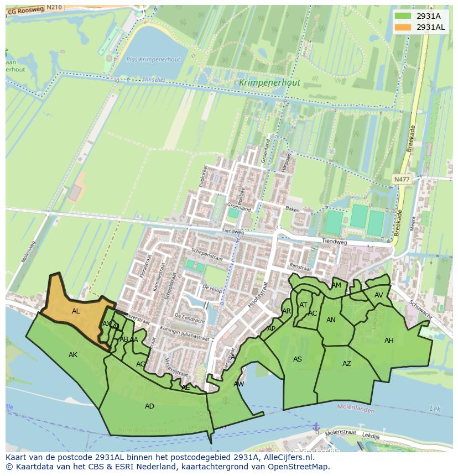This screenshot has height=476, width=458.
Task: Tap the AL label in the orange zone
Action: [x=76, y=311]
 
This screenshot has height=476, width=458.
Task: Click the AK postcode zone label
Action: [x=73, y=355]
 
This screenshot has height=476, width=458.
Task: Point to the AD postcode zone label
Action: [x=149, y=406]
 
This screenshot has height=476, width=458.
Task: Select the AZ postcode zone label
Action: [x=346, y=364]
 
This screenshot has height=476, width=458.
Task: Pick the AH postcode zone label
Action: [x=389, y=341]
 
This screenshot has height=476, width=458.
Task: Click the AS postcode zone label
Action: [x=298, y=359]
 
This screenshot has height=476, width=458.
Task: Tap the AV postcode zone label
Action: [x=378, y=295]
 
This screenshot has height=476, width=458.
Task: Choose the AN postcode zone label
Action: [x=331, y=320]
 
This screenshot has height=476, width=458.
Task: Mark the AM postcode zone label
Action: [x=336, y=285]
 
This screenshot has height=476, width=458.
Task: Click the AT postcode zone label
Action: [x=303, y=305]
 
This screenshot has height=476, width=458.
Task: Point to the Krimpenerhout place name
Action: [x=270, y=83]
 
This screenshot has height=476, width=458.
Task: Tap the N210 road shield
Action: [x=54, y=7]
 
